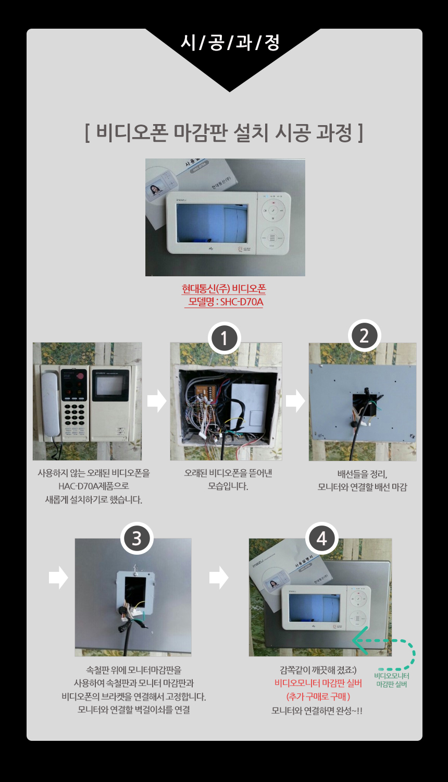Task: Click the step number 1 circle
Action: click(224, 338)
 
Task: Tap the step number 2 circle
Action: click(364, 336)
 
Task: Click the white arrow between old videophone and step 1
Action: click(157, 401)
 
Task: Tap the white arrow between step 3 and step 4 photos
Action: click(219, 578)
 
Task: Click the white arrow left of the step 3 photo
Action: click(58, 578)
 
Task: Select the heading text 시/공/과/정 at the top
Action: click(230, 43)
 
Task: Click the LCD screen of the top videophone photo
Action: click(212, 223)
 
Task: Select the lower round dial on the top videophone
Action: click(272, 238)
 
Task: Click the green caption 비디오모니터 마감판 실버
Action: click(391, 680)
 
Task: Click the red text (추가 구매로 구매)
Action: click(318, 697)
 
